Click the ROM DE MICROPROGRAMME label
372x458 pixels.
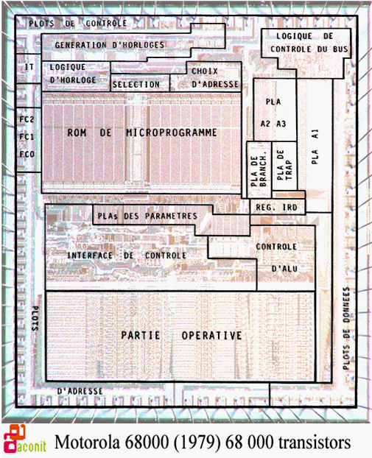(x=142, y=133)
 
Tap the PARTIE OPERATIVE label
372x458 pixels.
(x=181, y=335)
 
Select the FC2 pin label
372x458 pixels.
(x=27, y=119)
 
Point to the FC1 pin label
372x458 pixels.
(x=27, y=137)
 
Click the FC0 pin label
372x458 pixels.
(x=27, y=154)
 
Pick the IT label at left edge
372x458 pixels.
(x=29, y=67)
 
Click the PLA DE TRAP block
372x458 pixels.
(x=284, y=166)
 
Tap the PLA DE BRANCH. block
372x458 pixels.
(x=259, y=169)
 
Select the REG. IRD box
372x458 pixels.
(x=277, y=207)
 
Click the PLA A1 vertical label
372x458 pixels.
(x=315, y=147)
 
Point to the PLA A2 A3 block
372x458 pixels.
(x=275, y=110)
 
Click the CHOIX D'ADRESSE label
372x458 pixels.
(x=215, y=78)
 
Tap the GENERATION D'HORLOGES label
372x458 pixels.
(x=110, y=45)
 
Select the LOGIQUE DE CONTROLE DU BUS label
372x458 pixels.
(x=309, y=43)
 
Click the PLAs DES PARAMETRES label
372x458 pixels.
(x=147, y=216)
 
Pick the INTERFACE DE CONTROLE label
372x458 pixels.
(x=127, y=256)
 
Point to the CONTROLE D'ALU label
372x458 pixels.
(x=277, y=258)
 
